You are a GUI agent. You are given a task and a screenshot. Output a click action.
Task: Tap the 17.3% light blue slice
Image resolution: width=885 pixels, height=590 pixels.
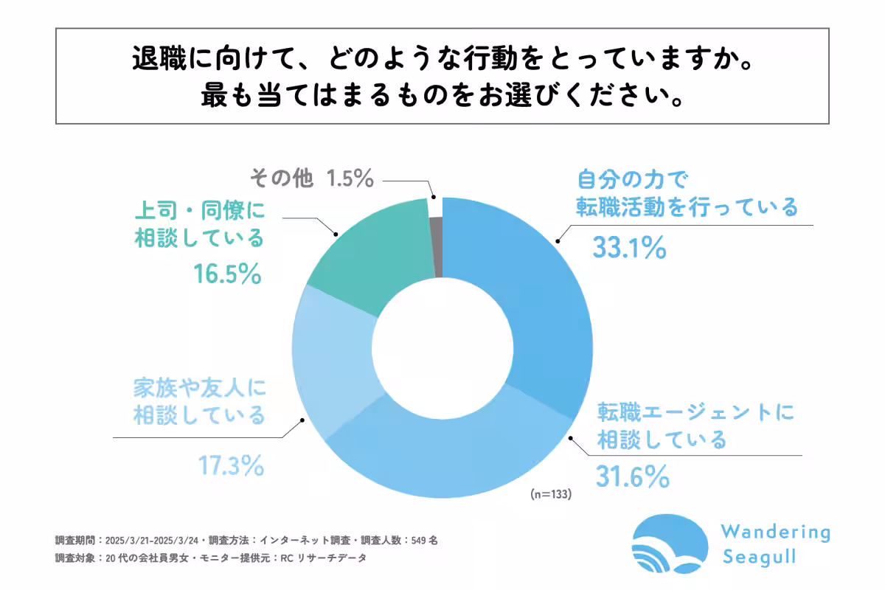click(x=332, y=369)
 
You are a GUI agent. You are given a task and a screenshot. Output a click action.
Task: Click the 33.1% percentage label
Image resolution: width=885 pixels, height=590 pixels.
click(x=630, y=249)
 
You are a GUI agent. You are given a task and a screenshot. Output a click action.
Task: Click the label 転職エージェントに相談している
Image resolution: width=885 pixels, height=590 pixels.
click(x=695, y=426)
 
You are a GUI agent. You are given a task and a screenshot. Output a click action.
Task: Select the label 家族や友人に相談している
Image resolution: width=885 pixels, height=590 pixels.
click(x=199, y=401)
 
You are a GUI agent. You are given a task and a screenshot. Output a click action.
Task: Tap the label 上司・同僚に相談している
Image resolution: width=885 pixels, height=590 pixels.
click(x=199, y=225)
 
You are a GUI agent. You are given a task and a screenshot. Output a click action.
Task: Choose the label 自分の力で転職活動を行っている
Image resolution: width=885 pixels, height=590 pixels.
click(x=686, y=193)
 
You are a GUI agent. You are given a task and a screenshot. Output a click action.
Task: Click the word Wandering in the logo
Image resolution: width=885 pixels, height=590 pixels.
click(x=774, y=532)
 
